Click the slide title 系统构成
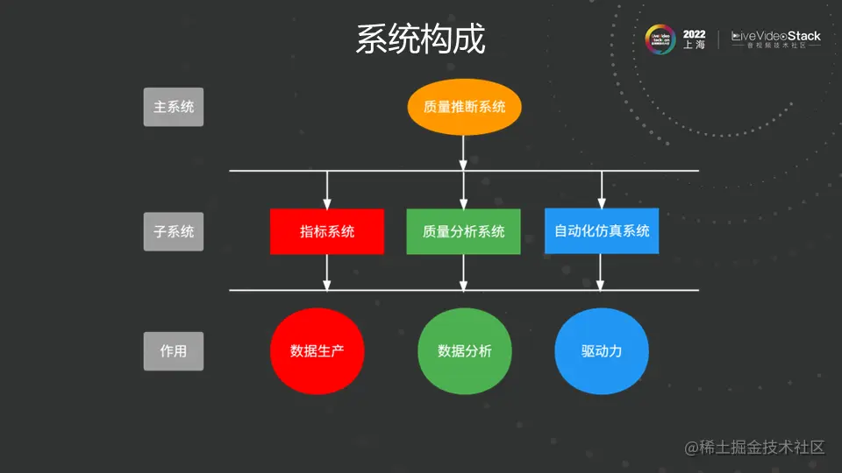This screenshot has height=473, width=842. [420, 39]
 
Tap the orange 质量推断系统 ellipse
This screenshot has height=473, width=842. [464, 108]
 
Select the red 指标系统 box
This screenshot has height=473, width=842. [327, 231]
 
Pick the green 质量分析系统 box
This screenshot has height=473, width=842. [463, 231]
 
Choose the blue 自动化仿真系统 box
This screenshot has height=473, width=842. [602, 231]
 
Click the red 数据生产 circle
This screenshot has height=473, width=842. [317, 351]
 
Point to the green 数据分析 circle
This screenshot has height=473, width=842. [464, 351]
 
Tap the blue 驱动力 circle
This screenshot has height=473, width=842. [602, 351]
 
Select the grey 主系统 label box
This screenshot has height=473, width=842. [174, 108]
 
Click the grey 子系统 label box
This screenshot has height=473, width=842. [174, 232]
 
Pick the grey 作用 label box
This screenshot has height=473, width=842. [174, 351]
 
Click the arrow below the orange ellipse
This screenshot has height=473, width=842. [464, 153]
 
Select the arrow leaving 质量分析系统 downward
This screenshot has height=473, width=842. [464, 272]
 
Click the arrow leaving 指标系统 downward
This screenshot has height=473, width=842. [327, 272]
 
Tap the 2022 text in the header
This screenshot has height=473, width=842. [694, 34]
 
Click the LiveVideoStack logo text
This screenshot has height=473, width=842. [776, 37]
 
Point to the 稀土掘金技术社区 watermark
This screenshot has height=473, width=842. [755, 448]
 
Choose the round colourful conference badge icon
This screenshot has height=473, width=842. [660, 39]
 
